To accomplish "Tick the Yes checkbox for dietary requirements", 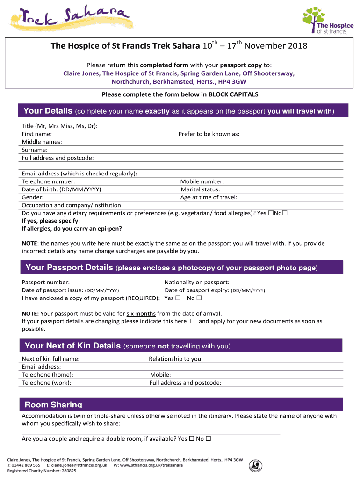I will coord(271,213).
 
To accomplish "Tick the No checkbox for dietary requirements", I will coord(285,213).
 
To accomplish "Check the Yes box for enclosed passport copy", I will coord(178,298).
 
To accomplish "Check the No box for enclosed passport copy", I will coord(199,298).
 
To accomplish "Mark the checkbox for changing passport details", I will coord(193,321).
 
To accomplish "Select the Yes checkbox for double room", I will coord(191,439).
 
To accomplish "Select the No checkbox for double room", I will coord(209,439).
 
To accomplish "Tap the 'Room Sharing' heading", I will coord(53,405).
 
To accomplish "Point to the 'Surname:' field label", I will coord(35,150).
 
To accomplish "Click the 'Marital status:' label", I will coord(200,189).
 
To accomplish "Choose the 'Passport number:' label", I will coord(46,282).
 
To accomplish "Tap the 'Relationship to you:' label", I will coord(176,359).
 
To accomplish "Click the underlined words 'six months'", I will coord(141,313).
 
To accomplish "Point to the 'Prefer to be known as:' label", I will coord(209,134).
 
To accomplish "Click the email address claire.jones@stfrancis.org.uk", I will coord(79,465).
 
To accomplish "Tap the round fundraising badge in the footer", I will coord(255,464).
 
